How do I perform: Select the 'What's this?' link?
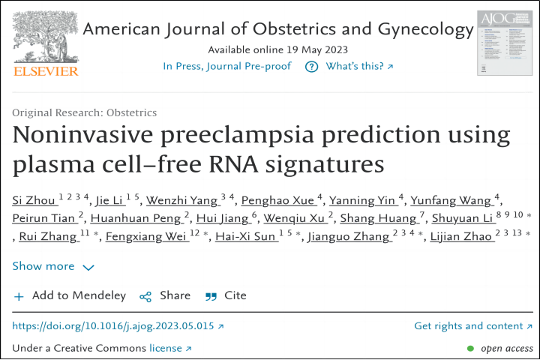(358, 67)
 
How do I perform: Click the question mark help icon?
(311, 67)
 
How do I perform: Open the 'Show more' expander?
(53, 266)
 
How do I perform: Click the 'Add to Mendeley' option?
(70, 295)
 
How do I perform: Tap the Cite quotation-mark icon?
(211, 296)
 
